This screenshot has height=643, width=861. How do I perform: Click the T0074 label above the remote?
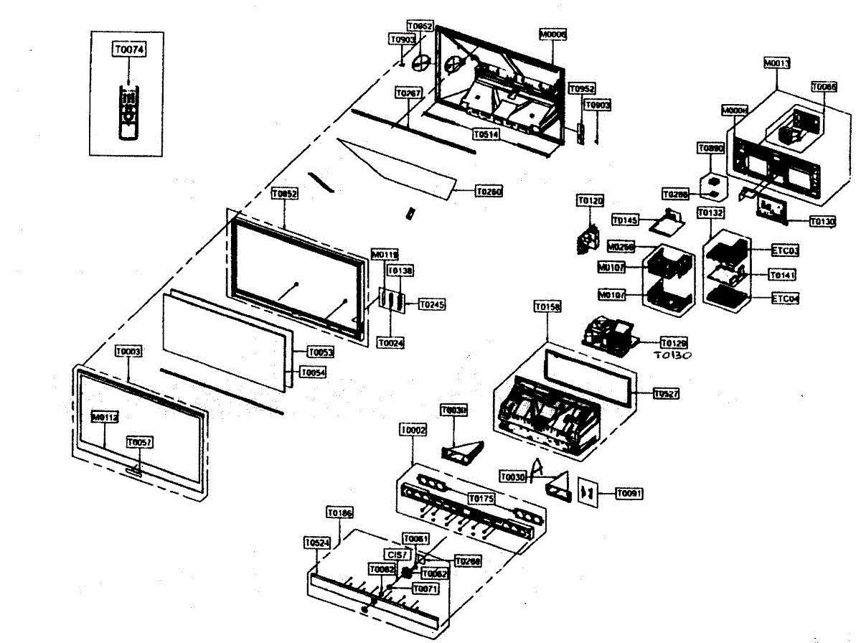click(128, 49)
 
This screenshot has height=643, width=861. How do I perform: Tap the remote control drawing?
click(128, 111)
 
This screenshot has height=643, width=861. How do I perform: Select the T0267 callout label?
click(409, 93)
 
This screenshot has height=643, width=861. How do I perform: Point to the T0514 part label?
click(486, 133)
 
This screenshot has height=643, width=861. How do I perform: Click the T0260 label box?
click(489, 192)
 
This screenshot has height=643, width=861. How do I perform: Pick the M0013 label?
click(776, 63)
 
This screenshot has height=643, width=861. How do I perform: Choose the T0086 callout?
click(824, 86)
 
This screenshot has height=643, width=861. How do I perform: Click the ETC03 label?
click(785, 250)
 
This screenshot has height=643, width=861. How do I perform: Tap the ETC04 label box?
click(785, 298)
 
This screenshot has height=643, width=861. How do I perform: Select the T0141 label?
click(782, 275)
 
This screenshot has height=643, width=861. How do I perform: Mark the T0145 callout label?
click(626, 220)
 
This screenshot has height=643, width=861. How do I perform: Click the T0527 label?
click(667, 393)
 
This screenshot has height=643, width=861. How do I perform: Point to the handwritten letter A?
click(538, 471)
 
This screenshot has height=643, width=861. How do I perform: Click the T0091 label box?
click(629, 493)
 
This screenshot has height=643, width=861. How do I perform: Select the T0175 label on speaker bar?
click(481, 498)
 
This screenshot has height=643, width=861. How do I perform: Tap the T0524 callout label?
click(317, 543)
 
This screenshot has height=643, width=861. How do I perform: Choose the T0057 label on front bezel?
click(140, 443)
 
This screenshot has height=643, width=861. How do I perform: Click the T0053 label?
click(321, 352)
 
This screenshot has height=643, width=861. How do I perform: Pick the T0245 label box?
click(431, 304)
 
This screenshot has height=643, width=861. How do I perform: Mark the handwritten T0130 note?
click(672, 355)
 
